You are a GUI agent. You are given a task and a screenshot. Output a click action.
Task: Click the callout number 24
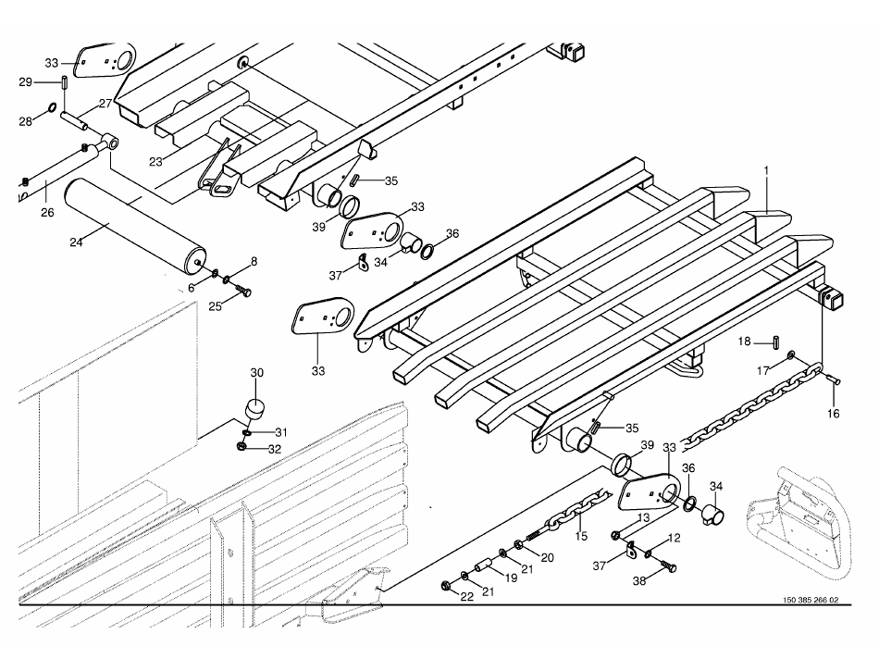pos(77,242)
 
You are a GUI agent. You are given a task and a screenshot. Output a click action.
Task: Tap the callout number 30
pos(257,372)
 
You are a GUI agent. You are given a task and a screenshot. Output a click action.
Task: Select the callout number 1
pos(766,170)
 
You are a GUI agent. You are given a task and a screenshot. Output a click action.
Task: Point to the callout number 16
pos(834,413)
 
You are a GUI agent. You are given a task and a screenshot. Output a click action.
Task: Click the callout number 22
pos(467,596)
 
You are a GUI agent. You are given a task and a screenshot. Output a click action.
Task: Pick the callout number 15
pos(581,536)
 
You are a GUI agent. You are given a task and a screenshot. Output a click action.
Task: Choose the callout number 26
pos(47,212)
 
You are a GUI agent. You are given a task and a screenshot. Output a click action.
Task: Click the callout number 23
pos(155,161)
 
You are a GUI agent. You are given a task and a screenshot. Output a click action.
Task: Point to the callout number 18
pos(745,342)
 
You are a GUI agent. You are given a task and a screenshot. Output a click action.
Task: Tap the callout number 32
pos(275,450)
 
